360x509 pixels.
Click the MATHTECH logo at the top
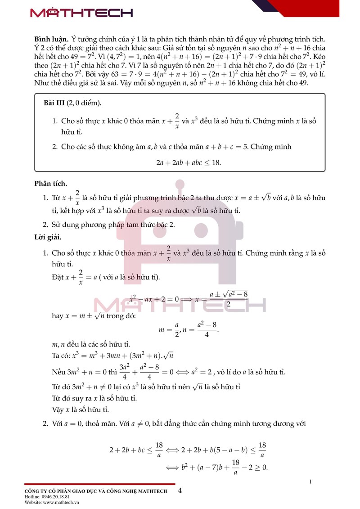(81, 13)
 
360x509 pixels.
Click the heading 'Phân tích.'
(50, 183)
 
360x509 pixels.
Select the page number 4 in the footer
(180, 491)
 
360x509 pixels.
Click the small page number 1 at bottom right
(310, 482)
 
